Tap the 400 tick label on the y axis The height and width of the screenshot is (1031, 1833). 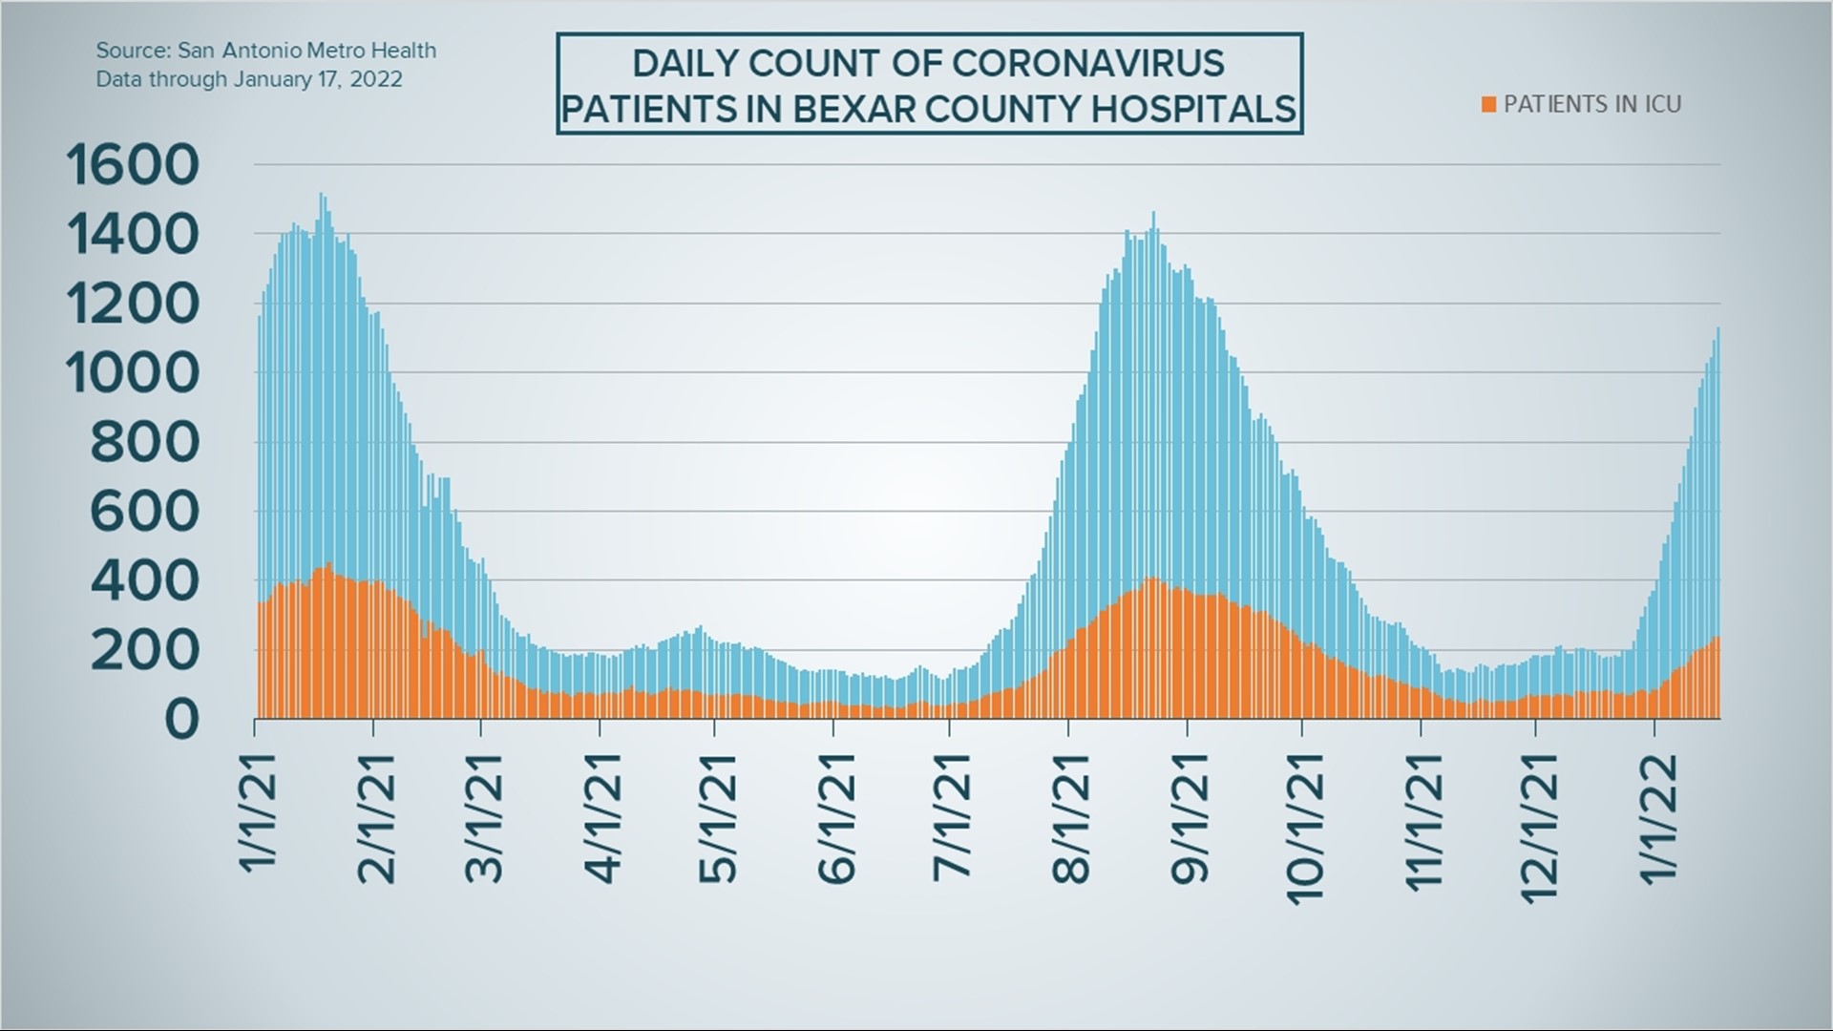[145, 580]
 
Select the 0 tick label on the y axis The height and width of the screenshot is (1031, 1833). [181, 719]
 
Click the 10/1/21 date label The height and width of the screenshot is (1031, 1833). [1304, 827]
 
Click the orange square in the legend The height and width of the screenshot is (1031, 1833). [1488, 104]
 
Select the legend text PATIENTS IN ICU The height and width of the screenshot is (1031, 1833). [1591, 104]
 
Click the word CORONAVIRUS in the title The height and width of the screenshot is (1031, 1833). [1087, 63]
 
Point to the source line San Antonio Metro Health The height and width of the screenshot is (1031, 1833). [265, 51]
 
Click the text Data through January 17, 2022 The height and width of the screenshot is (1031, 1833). [248, 79]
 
